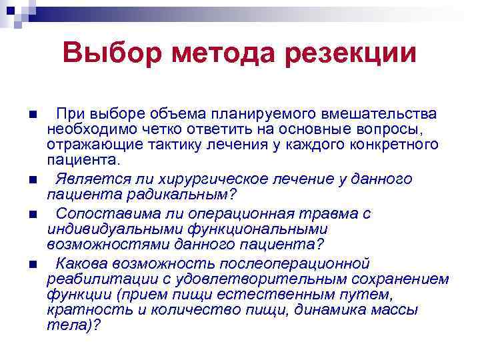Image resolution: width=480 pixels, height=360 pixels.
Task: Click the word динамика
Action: click(325, 310)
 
